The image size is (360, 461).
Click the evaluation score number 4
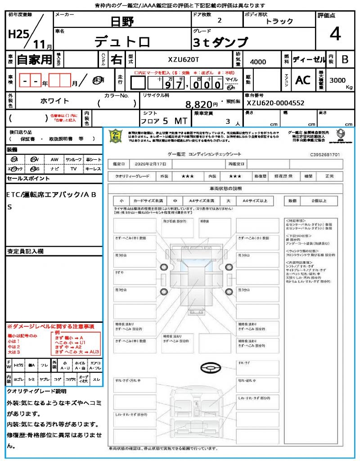pos(334,34)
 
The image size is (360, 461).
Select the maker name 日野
pos(122,21)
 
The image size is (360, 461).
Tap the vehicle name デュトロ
pos(122,41)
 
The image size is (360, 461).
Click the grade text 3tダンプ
pos(220,42)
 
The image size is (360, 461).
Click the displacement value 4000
pos(258,62)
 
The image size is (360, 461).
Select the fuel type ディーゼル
pos(309,59)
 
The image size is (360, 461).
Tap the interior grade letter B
pos(345,59)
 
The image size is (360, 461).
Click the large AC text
pos(303,80)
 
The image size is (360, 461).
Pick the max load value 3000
pos(337,80)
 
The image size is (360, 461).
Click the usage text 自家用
pos(34,59)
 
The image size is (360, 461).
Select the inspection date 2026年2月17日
pos(156,163)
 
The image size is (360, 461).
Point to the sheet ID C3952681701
pos(325,154)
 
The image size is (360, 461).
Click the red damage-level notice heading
pos(50,326)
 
